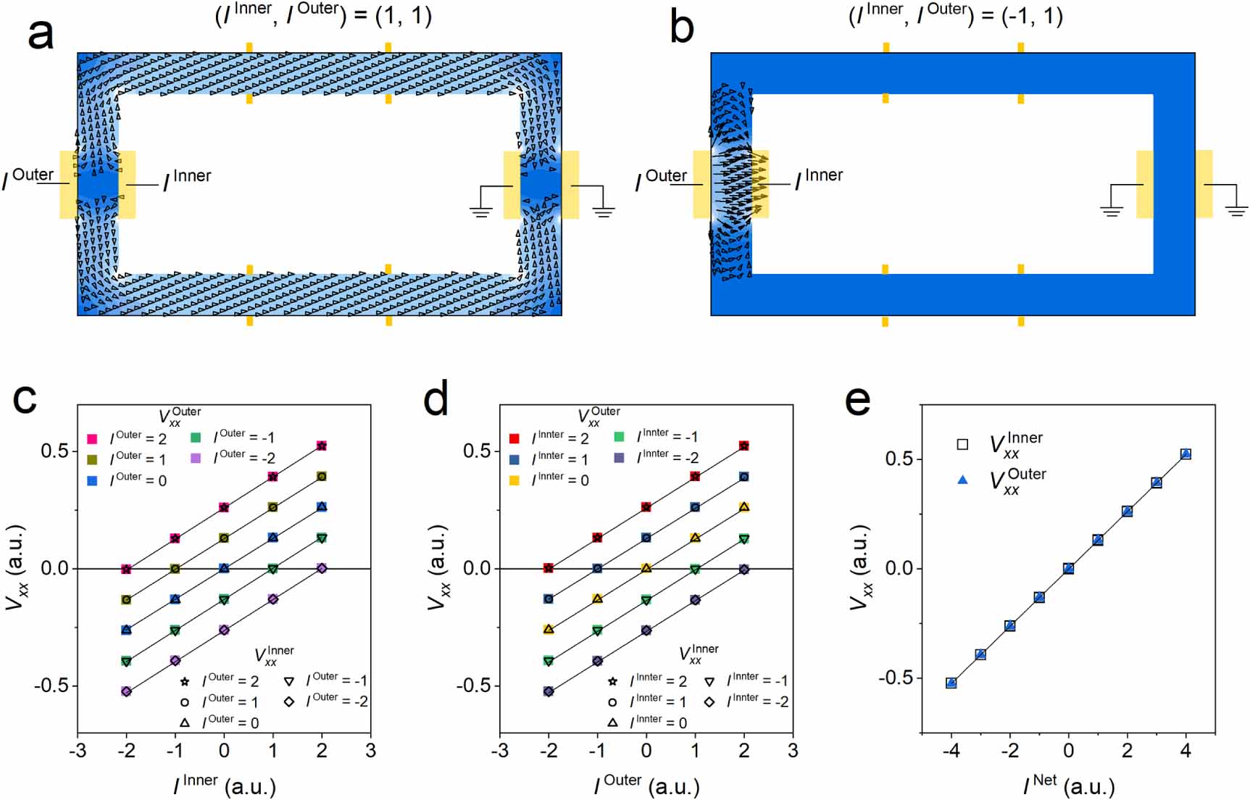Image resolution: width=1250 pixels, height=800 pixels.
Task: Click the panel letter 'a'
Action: [x=41, y=33]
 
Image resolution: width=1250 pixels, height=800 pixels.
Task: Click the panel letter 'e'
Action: [x=858, y=400]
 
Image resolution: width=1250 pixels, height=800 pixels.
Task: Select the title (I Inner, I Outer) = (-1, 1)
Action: [x=956, y=14]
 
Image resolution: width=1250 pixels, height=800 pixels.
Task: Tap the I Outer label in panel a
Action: [x=29, y=177]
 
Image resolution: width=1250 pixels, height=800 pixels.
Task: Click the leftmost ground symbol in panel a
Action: [x=480, y=211]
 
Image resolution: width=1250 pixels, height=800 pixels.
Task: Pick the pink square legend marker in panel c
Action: [x=93, y=439]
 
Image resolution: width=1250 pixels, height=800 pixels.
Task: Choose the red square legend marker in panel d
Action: [x=514, y=438]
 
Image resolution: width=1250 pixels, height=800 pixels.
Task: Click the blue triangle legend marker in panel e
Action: [x=962, y=480]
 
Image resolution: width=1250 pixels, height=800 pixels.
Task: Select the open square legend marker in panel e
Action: [x=962, y=444]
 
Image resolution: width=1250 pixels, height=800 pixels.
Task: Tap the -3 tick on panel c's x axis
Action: [x=78, y=751]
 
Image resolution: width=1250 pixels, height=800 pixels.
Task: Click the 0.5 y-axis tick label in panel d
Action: [x=476, y=451]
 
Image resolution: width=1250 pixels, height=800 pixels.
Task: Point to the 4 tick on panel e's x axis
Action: [x=1186, y=751]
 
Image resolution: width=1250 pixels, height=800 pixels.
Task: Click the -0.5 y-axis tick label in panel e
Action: [x=896, y=678]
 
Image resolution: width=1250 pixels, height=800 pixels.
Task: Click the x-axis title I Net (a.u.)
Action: [x=1069, y=784]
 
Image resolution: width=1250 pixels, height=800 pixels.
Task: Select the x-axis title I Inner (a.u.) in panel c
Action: [x=225, y=784]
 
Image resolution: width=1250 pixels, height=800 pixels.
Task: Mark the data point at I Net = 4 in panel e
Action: [x=1186, y=454]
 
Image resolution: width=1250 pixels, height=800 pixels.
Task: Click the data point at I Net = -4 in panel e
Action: [x=951, y=683]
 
